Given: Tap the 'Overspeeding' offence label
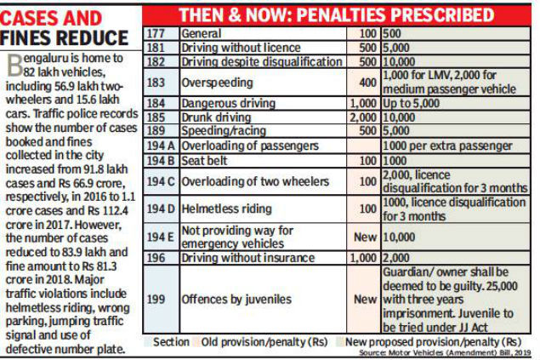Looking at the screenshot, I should coord(219,83).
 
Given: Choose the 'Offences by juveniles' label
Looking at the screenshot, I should coord(236,300).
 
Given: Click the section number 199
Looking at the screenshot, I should coord(156,300).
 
